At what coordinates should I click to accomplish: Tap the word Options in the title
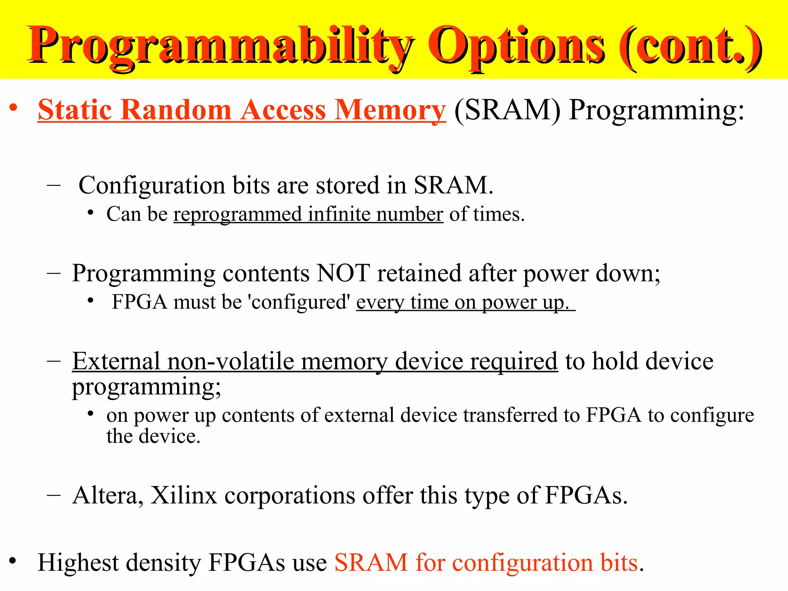516,46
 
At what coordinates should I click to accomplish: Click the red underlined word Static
75,110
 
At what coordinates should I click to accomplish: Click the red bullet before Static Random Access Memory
13,108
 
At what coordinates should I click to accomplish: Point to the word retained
419,274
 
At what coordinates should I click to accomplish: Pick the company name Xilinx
184,495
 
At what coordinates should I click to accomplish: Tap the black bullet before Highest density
13,561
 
